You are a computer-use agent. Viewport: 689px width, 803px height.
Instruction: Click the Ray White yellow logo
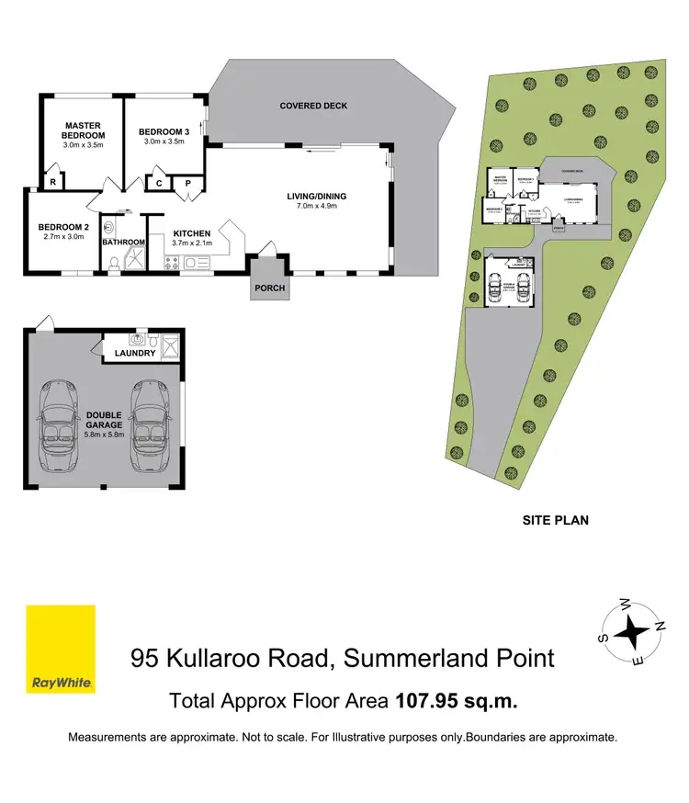point(61,650)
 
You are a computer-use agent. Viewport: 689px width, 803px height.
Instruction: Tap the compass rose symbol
point(631,630)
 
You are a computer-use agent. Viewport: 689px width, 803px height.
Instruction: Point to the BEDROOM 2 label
point(62,228)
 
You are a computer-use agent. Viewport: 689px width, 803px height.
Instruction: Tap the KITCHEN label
point(191,232)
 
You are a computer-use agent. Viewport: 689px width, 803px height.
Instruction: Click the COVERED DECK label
point(313,106)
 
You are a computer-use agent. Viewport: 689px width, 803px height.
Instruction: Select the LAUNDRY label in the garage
point(135,353)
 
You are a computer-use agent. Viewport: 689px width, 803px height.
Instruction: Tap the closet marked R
point(54,183)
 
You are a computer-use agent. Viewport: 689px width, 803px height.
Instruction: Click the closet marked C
point(159,183)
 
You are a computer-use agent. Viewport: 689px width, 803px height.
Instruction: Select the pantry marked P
point(187,183)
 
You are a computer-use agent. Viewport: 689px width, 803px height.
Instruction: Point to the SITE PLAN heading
point(555,520)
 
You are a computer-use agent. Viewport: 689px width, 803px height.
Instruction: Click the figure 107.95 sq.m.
point(457,701)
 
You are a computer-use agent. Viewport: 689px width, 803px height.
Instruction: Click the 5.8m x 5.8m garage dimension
point(105,434)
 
